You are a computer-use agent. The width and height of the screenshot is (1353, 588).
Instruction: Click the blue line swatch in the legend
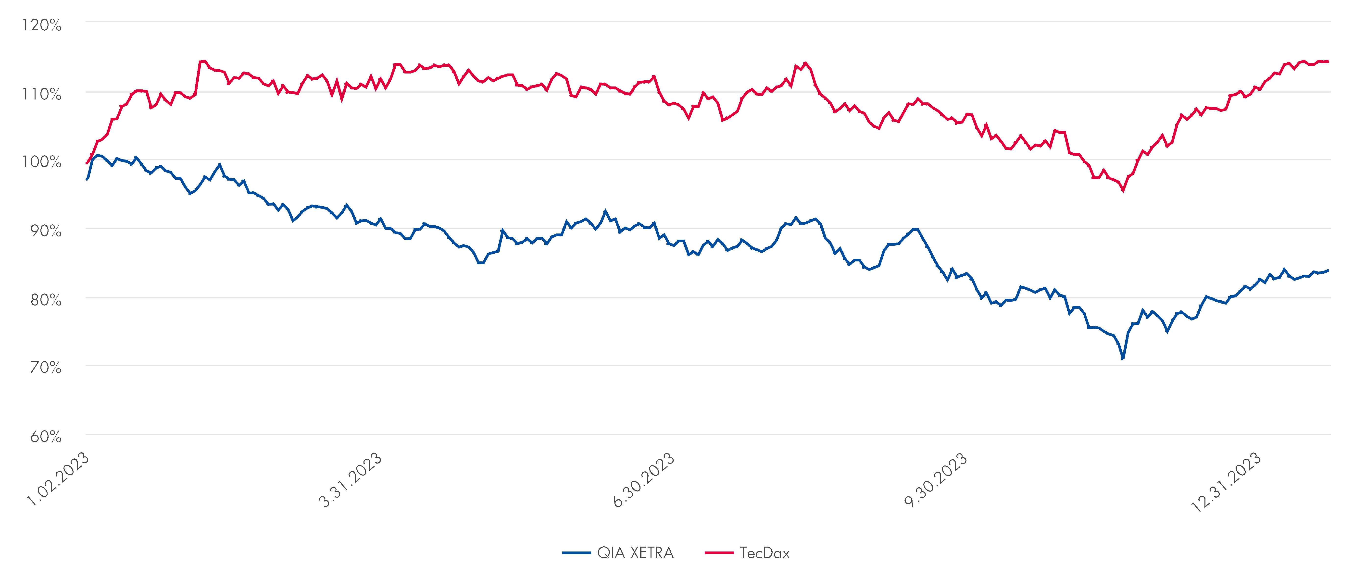pyautogui.click(x=576, y=553)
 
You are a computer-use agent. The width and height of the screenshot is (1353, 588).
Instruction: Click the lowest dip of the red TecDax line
pyautogui.click(x=1123, y=191)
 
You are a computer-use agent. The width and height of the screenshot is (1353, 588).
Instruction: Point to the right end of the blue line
pyautogui.click(x=1328, y=270)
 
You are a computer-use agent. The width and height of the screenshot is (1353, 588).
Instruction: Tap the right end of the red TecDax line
pyautogui.click(x=1328, y=61)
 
